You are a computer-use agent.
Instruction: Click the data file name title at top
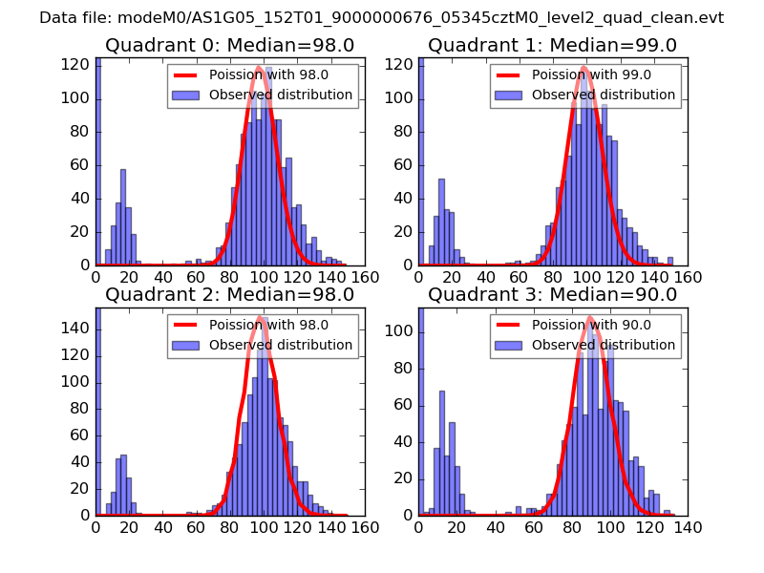tap(381, 17)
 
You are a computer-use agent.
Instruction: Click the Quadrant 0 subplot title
tap(229, 46)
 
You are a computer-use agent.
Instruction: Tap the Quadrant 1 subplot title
tap(552, 46)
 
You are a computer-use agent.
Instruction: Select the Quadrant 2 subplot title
tap(229, 294)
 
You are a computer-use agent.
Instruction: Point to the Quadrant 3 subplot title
tap(552, 294)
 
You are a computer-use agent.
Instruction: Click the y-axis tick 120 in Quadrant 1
tap(402, 65)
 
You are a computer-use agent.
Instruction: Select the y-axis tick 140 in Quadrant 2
tap(79, 328)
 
